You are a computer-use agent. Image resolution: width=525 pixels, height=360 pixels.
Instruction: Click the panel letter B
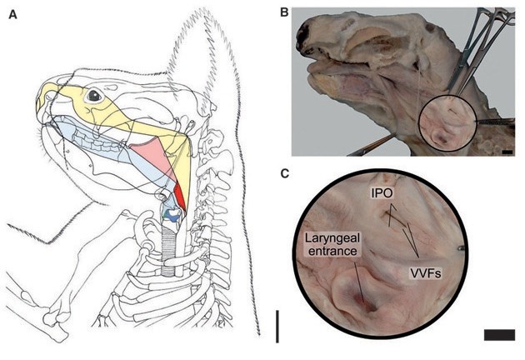284,12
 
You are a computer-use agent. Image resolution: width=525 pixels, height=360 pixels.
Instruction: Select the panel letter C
284,174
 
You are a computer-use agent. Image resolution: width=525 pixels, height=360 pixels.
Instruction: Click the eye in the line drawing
93,96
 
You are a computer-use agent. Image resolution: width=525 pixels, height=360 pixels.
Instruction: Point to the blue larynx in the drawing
172,216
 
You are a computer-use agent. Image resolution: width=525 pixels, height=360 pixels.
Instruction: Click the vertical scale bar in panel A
277,324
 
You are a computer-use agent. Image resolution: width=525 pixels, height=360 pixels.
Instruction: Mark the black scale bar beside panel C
497,334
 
